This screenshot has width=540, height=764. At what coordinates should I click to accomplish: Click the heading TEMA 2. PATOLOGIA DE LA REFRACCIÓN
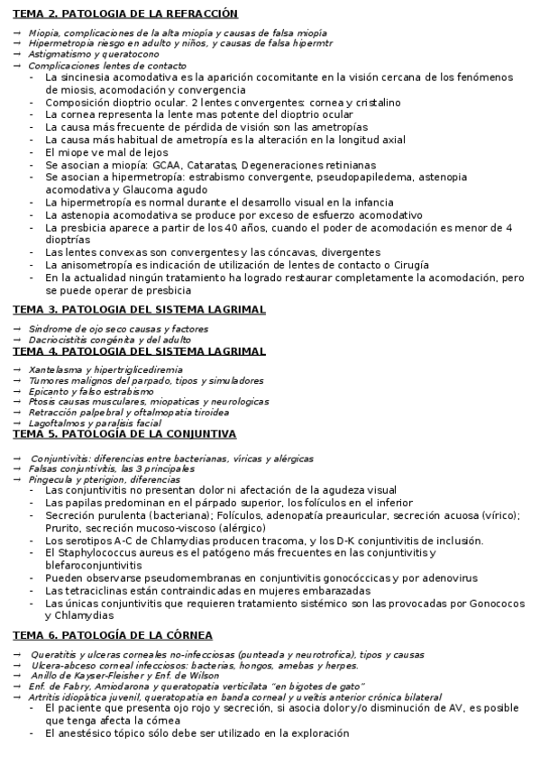point(125,14)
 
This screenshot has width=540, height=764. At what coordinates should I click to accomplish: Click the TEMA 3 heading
point(139,309)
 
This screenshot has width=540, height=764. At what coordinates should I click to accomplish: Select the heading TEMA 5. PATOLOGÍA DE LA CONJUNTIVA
point(124,433)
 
